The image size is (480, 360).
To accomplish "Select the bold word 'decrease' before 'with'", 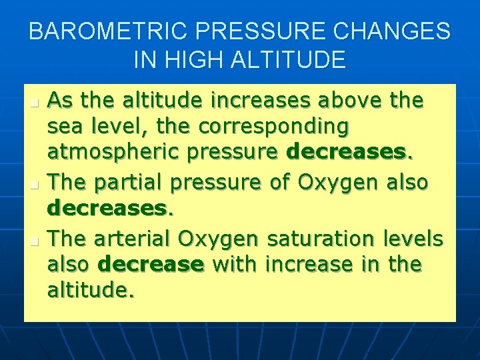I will pyautogui.click(x=151, y=264).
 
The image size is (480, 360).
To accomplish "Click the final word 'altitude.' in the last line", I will pyautogui.click(x=91, y=291).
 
